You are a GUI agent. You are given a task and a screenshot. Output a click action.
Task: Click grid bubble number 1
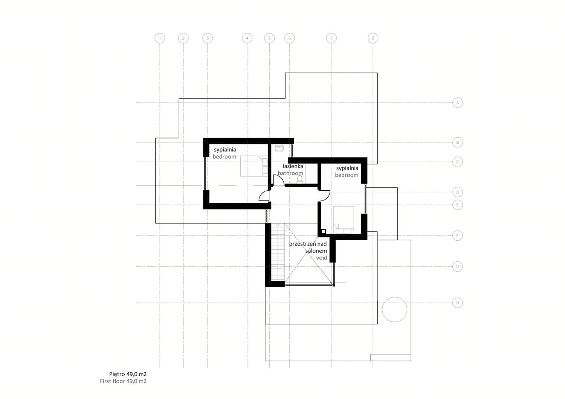(x=160, y=38)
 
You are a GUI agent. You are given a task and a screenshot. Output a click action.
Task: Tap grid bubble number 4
(x=247, y=38)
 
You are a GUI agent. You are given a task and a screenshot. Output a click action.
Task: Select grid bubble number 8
(x=373, y=38)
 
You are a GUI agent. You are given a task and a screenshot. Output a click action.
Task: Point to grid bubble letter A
(x=458, y=103)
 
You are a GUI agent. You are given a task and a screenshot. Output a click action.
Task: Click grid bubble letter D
(x=458, y=192)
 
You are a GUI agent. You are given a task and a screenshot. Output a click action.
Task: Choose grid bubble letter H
(x=458, y=303)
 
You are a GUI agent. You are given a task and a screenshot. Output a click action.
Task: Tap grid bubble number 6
(x=290, y=38)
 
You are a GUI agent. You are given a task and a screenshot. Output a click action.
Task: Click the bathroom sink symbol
(x=279, y=148)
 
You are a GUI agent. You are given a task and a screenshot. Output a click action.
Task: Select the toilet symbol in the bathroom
(x=300, y=179)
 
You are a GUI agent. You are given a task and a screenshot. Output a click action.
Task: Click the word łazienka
(x=293, y=166)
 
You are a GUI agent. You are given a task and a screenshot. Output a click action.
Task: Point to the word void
(x=322, y=258)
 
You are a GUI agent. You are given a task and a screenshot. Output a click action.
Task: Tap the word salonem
(x=316, y=251)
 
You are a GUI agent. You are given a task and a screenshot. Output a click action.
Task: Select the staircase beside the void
(x=278, y=252)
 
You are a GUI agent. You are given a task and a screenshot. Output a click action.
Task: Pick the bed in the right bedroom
(x=344, y=220)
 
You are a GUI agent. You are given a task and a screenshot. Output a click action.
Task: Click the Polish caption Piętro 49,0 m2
(x=128, y=374)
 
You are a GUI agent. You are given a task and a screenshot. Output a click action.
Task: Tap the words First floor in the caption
(x=113, y=381)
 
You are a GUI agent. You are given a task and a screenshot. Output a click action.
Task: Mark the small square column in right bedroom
(x=323, y=232)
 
